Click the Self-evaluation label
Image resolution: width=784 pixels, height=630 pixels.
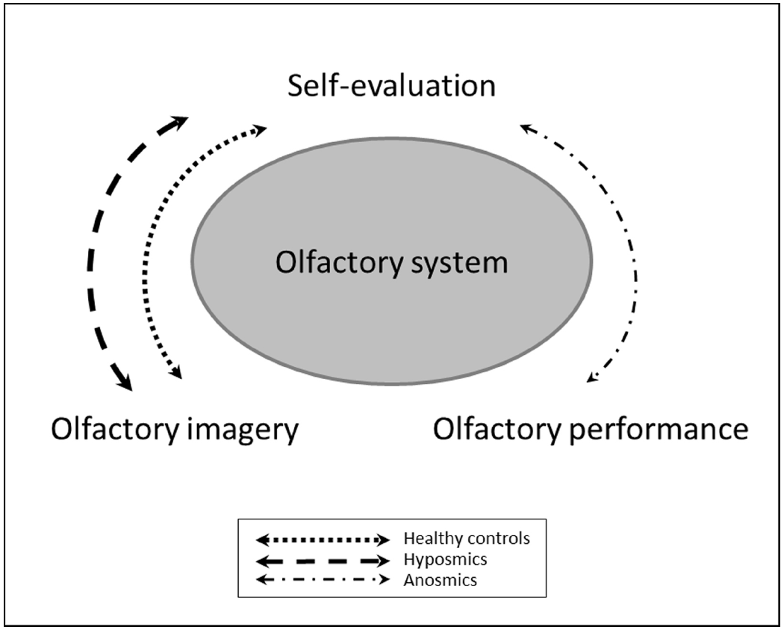[391, 87]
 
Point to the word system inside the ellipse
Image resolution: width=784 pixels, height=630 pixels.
[461, 263]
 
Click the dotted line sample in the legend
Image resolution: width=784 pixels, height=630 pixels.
[323, 539]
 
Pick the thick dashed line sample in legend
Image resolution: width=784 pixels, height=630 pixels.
[323, 559]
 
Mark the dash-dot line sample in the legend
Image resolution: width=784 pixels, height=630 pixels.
[323, 579]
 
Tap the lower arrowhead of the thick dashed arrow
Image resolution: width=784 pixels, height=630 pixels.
[125, 383]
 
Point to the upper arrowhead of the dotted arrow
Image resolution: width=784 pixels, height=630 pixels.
[258, 130]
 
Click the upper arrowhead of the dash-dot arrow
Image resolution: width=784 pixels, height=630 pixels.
[526, 129]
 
